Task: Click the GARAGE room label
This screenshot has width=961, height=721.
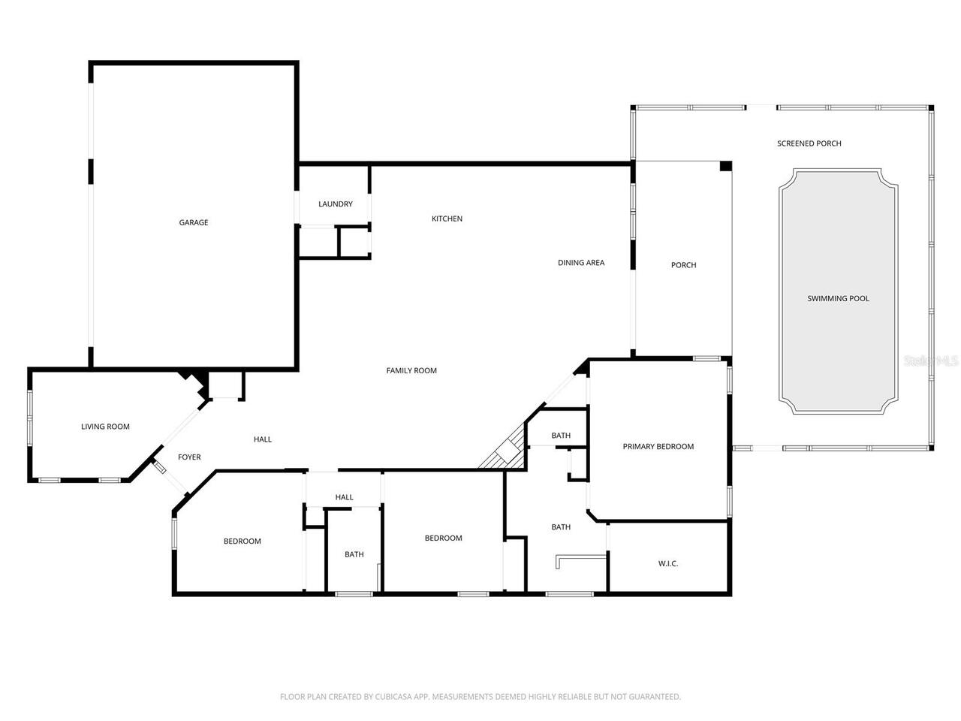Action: [193, 222]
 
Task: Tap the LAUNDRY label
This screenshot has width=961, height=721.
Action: [335, 204]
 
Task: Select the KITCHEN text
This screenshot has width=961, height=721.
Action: [447, 219]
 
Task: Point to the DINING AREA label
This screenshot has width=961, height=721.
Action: [580, 263]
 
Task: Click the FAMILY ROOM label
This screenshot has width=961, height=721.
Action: [411, 370]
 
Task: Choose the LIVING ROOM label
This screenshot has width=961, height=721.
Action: [105, 427]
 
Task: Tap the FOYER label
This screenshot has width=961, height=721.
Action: [189, 457]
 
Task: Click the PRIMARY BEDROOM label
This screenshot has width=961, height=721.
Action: [658, 446]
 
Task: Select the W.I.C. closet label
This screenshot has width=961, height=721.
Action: [667, 563]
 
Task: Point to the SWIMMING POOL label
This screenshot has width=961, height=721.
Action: [838, 298]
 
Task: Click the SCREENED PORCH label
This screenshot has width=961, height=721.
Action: [809, 143]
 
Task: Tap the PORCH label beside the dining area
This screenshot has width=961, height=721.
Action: [683, 265]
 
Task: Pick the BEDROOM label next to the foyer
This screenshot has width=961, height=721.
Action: [242, 542]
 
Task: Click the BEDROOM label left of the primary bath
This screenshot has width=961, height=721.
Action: [443, 538]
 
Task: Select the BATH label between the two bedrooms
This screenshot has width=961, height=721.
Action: [354, 554]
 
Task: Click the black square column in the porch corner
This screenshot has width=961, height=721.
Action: [725, 166]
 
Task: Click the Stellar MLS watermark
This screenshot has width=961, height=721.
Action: [931, 360]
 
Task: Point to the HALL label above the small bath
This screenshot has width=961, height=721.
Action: [344, 497]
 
